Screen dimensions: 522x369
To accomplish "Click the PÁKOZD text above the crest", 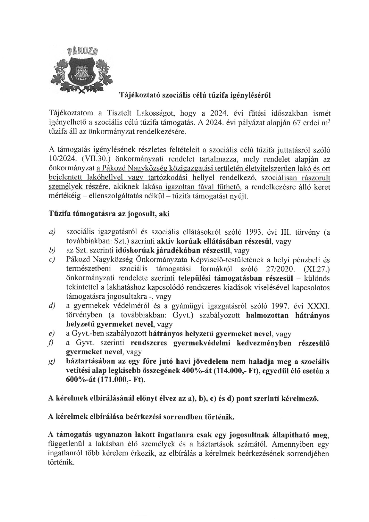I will [82, 51].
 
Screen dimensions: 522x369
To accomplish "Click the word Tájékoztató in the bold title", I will [137, 96].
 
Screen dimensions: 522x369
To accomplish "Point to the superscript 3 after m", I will [329, 120].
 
